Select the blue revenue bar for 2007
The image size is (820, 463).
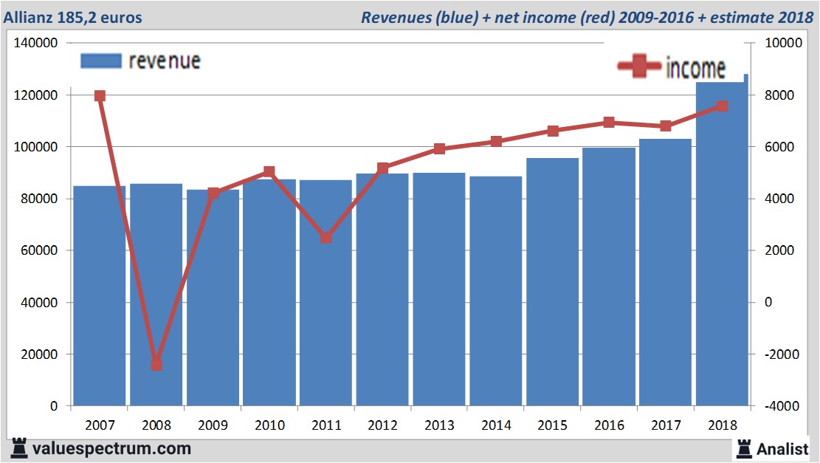point(100,295)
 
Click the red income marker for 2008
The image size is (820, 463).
point(156,364)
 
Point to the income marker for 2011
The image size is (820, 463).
point(326,238)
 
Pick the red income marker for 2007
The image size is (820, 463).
point(100,96)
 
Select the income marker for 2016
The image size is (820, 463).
point(609,123)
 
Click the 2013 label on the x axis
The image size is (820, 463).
point(439,425)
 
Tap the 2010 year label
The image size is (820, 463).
point(269,425)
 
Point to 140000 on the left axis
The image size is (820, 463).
point(36,44)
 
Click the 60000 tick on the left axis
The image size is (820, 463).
point(40,250)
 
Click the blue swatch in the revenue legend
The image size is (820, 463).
point(100,61)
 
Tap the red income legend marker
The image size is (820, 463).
point(639,68)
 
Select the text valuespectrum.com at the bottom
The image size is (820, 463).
point(111,448)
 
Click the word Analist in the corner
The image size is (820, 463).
point(783,448)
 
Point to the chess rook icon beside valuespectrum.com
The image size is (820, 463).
point(19,447)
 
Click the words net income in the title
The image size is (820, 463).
point(538,17)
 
